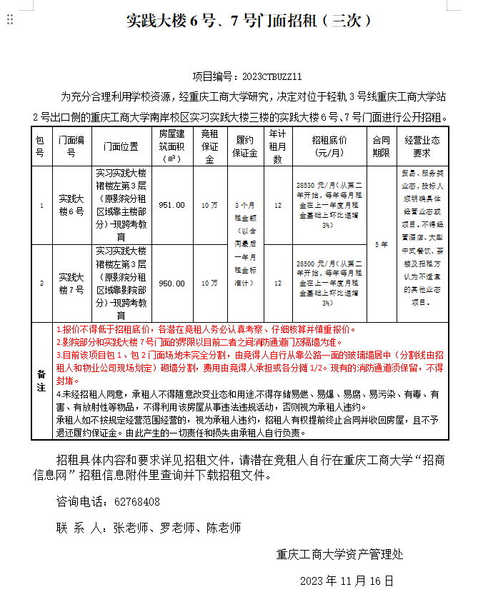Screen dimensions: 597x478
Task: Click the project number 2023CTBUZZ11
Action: (272, 76)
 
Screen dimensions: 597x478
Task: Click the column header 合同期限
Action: (381, 146)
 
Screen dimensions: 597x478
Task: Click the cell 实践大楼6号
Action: (71, 205)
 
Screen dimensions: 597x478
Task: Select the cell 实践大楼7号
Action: (71, 284)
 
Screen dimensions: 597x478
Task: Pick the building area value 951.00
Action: (171, 205)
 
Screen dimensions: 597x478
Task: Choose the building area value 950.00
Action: (171, 284)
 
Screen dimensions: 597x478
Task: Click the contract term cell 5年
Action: (381, 244)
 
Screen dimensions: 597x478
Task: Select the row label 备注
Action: (41, 381)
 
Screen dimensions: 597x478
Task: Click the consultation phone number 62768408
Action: (137, 502)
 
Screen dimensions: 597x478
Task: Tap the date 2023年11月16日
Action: (347, 580)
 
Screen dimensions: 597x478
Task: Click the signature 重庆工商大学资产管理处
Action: (340, 553)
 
